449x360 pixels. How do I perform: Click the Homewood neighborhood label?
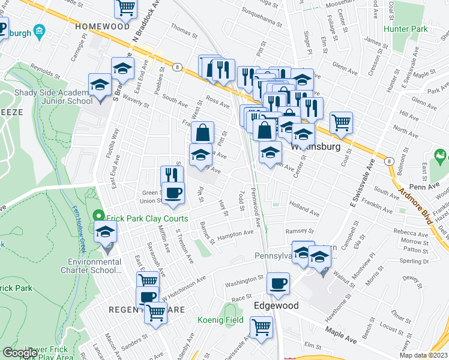(102, 26)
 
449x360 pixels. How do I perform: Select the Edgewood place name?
(276, 305)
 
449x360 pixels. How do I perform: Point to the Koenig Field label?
(221, 320)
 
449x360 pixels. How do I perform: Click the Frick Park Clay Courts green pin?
(100, 214)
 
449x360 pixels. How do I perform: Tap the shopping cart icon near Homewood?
(126, 8)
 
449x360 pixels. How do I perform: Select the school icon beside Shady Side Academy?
(100, 85)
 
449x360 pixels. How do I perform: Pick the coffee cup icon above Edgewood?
(277, 284)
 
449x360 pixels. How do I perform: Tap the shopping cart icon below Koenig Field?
(261, 328)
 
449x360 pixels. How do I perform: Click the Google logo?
(20, 353)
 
